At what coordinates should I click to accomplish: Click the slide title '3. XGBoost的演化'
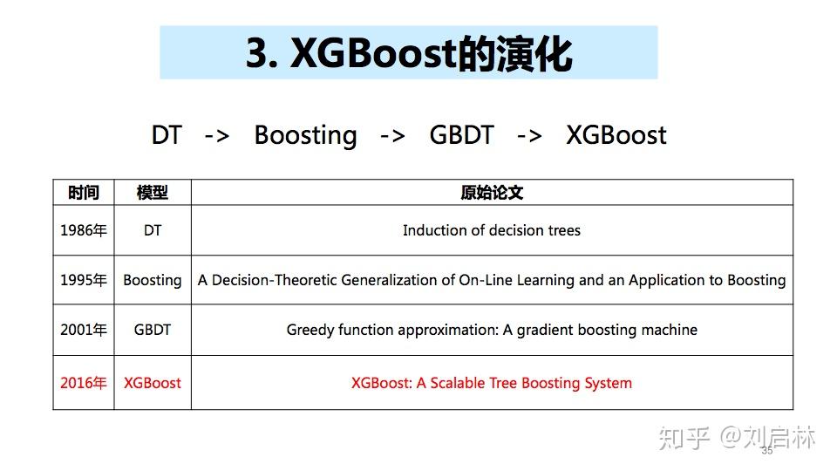coord(408,54)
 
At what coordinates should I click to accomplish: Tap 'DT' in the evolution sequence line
coord(167,135)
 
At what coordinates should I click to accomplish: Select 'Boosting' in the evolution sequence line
coord(305,135)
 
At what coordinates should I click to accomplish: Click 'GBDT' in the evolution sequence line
coord(461,135)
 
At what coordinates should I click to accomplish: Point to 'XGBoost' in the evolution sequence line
coord(616,135)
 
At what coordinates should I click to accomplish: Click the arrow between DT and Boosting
coord(217,136)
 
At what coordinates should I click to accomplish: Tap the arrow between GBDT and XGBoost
coord(529,136)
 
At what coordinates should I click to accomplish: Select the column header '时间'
coord(84,193)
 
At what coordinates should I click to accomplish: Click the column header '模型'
coord(152,193)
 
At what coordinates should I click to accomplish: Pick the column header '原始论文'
coord(492,193)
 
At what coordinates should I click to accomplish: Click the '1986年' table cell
coord(84,231)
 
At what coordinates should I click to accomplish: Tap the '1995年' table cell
coord(84,281)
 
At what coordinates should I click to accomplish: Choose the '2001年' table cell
coord(84,331)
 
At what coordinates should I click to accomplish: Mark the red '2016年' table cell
coord(84,383)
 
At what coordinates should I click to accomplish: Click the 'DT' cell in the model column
coord(153,231)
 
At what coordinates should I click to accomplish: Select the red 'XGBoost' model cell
coord(153,383)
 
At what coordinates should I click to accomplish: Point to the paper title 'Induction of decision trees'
coord(492,231)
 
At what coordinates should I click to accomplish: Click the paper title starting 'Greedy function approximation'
coord(492,331)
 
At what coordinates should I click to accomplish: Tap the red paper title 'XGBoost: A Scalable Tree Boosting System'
coord(492,383)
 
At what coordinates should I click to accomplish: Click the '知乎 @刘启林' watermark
coord(737,437)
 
